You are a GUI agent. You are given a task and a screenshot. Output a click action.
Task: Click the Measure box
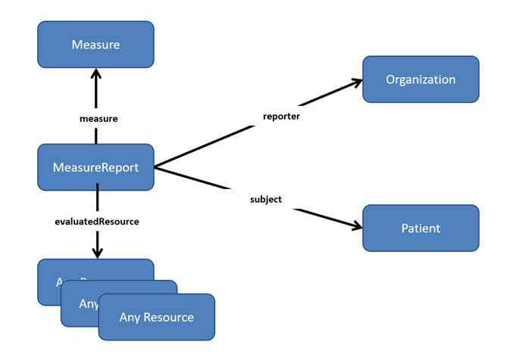pos(95,45)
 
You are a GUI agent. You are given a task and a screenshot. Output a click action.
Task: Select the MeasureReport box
pos(95,167)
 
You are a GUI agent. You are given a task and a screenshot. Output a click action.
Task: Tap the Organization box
pos(420,79)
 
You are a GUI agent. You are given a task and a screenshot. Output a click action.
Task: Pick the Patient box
pos(420,228)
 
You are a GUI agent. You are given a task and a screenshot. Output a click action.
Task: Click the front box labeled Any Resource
pos(157,318)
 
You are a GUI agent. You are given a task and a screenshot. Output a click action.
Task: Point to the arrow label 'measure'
pos(98,119)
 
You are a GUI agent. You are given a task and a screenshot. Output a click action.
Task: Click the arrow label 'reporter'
pos(281,116)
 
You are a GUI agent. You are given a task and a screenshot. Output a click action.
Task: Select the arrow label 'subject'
pos(266,200)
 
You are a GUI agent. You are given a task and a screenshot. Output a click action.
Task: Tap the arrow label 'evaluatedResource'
pos(96,222)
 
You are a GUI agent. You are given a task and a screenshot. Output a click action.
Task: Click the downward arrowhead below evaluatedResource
pos(97,253)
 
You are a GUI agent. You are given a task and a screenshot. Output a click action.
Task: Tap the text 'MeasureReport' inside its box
pos(95,167)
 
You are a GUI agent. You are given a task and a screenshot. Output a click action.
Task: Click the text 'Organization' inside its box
pos(420,79)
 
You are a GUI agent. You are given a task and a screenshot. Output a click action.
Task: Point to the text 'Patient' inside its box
pos(420,228)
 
